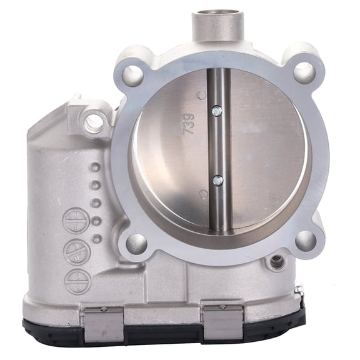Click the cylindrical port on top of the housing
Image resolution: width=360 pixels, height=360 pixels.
pyautogui.click(x=216, y=25)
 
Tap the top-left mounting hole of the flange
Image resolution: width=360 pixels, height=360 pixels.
pyautogui.click(x=132, y=76)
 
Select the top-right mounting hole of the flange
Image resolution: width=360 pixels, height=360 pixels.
pyautogui.click(x=304, y=72)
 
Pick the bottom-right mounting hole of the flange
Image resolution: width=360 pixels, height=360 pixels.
pyautogui.click(x=305, y=240)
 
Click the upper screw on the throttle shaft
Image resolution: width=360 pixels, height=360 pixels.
pyautogui.click(x=216, y=111)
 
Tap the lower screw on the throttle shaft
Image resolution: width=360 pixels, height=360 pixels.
pyautogui.click(x=217, y=180)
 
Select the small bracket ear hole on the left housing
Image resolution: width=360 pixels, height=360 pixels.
pyautogui.click(x=95, y=122)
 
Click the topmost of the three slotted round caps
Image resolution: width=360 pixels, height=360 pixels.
pyautogui.click(x=76, y=221)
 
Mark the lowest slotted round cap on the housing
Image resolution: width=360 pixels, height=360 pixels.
pyautogui.click(x=78, y=281)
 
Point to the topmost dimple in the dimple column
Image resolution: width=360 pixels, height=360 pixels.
pyautogui.click(x=94, y=167)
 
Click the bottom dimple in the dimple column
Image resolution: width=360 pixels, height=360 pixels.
pyautogui.click(x=97, y=239)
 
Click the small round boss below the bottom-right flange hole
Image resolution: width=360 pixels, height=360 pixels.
pyautogui.click(x=276, y=262)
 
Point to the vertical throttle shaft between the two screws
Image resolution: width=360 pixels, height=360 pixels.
pyautogui.click(x=217, y=146)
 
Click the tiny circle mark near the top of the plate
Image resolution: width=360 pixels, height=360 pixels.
pyautogui.click(x=201, y=95)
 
